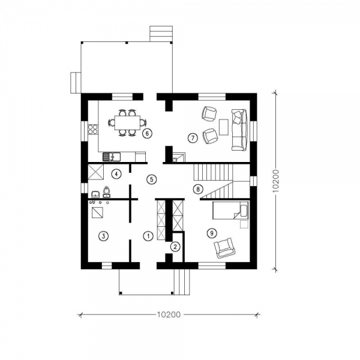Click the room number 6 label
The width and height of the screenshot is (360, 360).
point(147,133)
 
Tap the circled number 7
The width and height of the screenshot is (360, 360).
point(193,138)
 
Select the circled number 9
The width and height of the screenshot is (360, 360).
point(212,233)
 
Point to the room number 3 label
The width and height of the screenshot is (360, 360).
point(103,236)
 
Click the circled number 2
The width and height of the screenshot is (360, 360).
point(175,247)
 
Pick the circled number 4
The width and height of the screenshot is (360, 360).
point(116,174)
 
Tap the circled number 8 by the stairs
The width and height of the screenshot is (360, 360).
point(198,189)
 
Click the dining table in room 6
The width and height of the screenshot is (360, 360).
point(127,123)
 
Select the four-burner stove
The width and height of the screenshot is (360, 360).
point(93,129)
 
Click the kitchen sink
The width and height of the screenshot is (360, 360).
point(112,157)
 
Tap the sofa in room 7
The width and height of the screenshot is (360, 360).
point(239,130)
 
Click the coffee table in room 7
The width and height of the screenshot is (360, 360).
point(224,127)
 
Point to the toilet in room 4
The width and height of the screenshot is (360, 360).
point(106,192)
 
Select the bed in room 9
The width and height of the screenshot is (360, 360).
point(231,211)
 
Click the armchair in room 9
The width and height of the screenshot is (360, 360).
point(224,248)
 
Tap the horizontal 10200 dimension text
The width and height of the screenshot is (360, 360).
point(169,314)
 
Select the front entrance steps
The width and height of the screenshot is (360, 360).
point(182,282)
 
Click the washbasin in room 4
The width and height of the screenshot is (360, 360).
point(95,194)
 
